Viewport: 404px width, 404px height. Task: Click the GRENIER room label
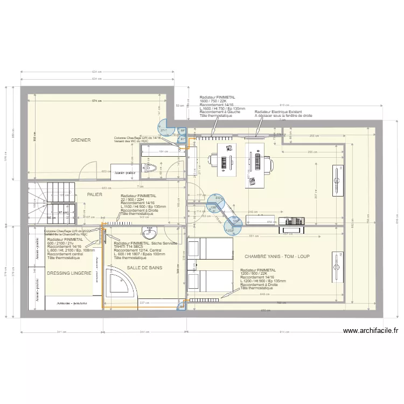80,141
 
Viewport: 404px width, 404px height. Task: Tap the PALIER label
95,195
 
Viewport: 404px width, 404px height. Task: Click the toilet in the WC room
150,168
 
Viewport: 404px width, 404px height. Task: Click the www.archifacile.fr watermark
370,332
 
